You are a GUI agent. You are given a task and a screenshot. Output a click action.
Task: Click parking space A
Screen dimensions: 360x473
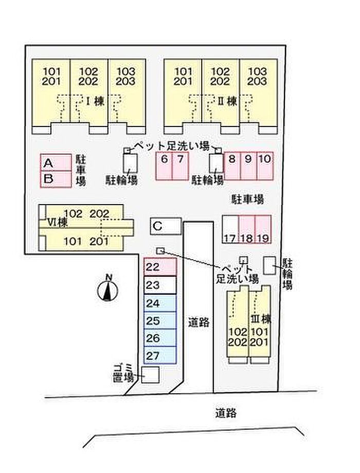[56, 163]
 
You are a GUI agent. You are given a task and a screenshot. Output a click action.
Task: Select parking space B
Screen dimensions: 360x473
[56, 179]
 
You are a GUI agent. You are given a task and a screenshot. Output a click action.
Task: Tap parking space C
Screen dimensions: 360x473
[166, 225]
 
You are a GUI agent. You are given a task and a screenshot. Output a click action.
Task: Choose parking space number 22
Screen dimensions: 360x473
[160, 267]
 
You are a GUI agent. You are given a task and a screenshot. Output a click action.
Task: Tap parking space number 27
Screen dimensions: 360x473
[160, 356]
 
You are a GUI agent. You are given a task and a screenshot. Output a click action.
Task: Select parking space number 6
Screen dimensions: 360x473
[165, 166]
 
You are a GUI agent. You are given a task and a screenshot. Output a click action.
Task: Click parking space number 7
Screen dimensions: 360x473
[180, 166]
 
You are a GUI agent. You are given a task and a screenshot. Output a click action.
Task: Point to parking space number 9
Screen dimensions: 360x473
[248, 166]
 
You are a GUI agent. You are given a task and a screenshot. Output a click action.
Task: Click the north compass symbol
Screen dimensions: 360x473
[108, 290]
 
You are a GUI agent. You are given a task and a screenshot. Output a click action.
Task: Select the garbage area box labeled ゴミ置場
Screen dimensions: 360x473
[151, 375]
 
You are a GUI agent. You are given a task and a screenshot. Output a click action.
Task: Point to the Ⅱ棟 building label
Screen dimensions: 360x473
[227, 102]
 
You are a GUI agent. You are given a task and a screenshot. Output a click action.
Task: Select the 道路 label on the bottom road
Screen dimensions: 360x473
[226, 412]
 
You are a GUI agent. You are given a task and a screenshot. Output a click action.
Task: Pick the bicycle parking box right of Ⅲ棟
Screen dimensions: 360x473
[269, 265]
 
